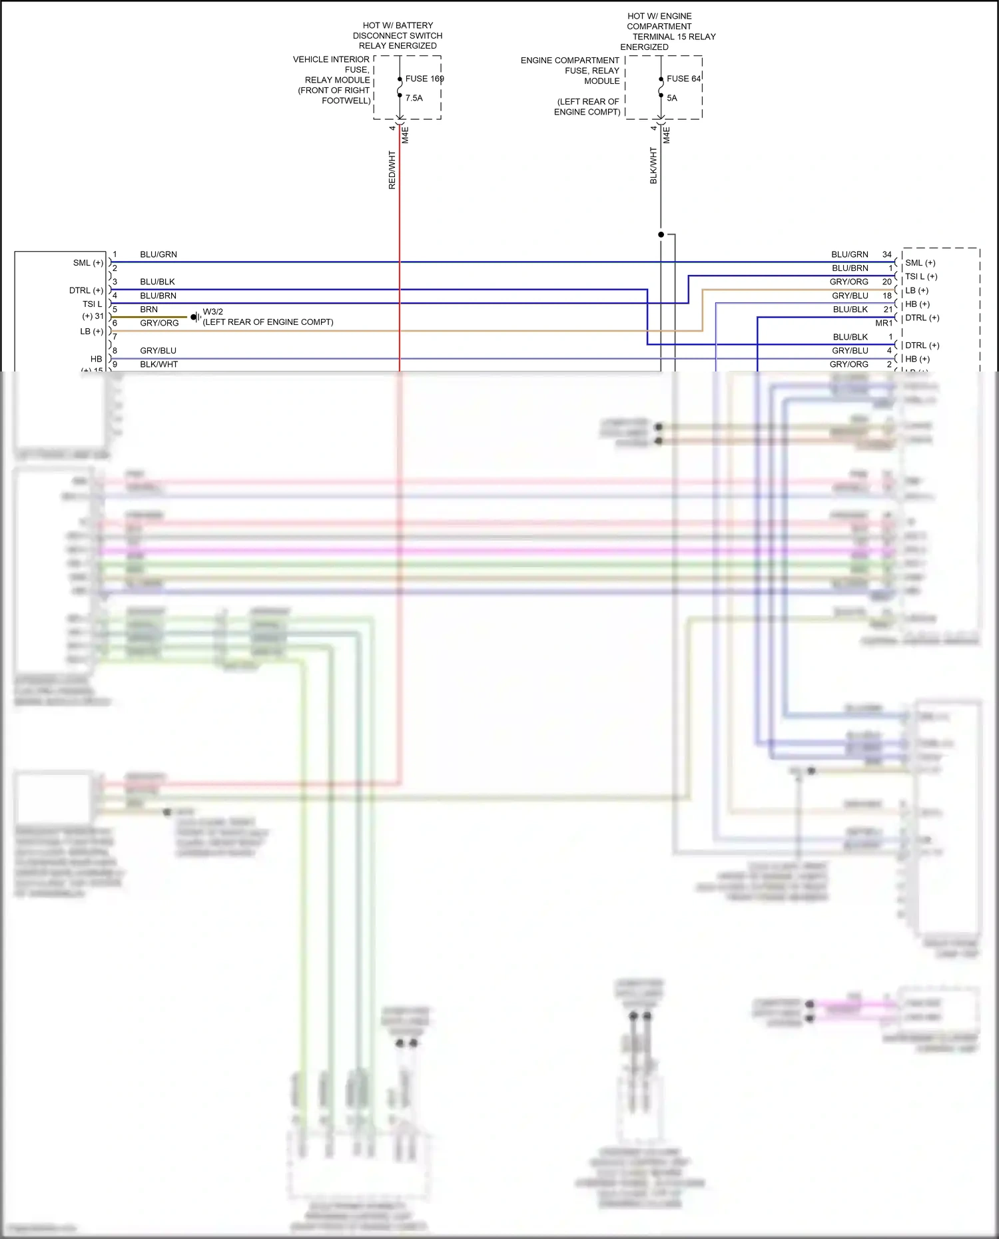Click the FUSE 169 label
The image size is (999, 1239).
(x=424, y=79)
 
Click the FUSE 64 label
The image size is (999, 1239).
(x=683, y=79)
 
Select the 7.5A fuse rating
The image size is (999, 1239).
(x=414, y=98)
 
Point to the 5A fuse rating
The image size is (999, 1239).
(x=671, y=98)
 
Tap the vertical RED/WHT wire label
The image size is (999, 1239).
(x=392, y=170)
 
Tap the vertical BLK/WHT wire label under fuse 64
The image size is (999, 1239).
(x=653, y=166)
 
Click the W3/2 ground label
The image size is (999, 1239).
(x=212, y=312)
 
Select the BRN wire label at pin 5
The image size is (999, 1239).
(x=149, y=310)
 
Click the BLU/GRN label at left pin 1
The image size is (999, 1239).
(x=159, y=254)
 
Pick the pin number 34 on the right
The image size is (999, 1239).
(x=886, y=254)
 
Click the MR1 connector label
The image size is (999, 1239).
(x=884, y=323)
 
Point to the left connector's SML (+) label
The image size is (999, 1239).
(x=88, y=263)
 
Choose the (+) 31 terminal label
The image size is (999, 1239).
(x=93, y=316)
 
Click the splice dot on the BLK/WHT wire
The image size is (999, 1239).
(x=661, y=234)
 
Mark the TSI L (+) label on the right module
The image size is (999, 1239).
(x=920, y=276)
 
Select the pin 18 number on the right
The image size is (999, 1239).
(x=887, y=296)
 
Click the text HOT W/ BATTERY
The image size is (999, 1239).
(x=398, y=25)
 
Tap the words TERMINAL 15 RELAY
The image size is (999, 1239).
(x=673, y=37)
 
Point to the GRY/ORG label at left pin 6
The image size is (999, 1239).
(x=159, y=323)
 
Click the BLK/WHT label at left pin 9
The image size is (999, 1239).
(x=159, y=364)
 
